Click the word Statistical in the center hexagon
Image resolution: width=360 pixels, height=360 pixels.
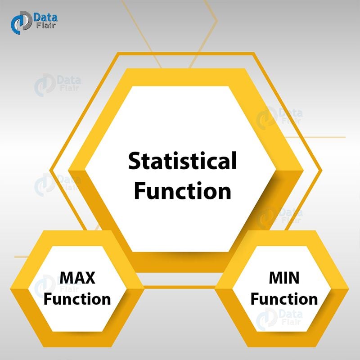pos(182,161)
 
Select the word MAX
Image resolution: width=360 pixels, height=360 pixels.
pos(77,278)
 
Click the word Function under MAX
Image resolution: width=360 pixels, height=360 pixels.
pos(77,299)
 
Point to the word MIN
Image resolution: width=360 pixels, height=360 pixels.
pos(284,278)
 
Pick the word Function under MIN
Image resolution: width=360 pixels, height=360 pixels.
pos(284,299)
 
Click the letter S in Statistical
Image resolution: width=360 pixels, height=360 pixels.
pos(135,161)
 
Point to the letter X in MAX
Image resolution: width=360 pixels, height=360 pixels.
pos(90,278)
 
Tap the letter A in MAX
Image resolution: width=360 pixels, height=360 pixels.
pos(77,278)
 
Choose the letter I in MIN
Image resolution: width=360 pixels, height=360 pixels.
pos(283,278)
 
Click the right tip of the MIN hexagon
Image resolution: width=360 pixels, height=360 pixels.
pos(349,288)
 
